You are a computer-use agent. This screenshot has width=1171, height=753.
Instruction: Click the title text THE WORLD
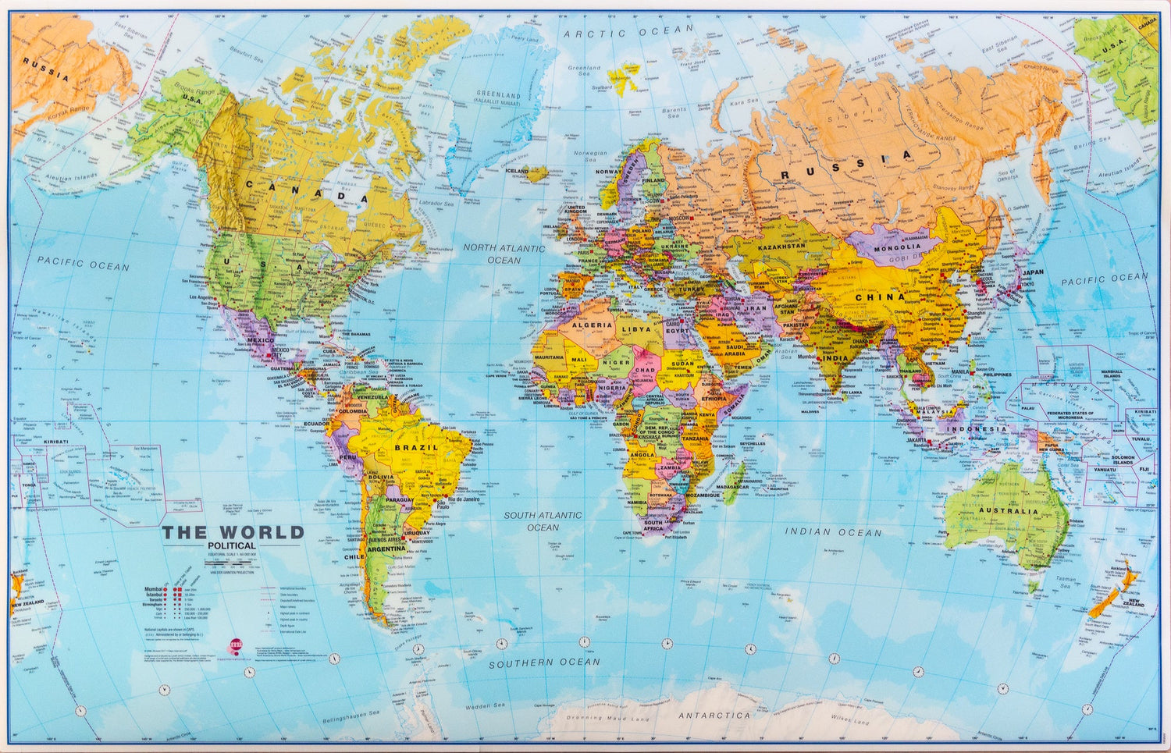[233, 533]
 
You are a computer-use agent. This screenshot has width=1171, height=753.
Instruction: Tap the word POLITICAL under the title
[232, 545]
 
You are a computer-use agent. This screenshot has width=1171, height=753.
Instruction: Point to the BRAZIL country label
[416, 448]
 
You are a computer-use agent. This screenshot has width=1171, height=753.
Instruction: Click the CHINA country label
[880, 297]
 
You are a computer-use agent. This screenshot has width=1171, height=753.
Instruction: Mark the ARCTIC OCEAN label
[628, 32]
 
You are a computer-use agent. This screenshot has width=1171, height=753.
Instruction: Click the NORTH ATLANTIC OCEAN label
[504, 254]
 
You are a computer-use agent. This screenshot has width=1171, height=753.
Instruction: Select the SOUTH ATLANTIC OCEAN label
[543, 521]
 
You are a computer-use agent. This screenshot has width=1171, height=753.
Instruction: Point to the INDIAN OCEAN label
[833, 532]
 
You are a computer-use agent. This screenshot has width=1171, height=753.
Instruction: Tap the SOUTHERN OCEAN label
[545, 662]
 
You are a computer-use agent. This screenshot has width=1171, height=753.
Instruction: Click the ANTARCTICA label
[714, 715]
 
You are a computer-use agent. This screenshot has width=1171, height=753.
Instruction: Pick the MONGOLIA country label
[898, 247]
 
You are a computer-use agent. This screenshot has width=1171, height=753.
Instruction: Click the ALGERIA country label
[592, 325]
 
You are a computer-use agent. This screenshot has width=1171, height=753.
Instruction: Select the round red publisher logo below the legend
[237, 644]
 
